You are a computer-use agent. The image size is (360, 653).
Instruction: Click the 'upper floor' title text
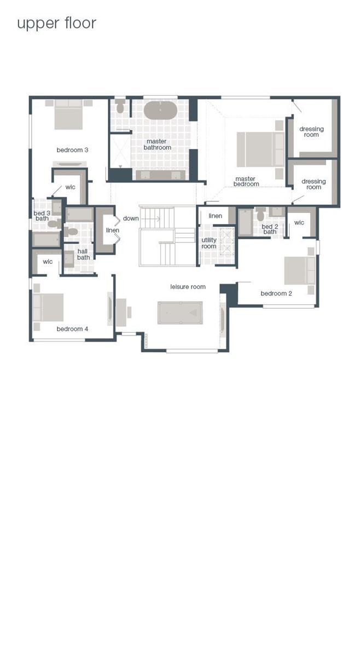click(x=56, y=24)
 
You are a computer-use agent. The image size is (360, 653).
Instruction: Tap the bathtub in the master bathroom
click(x=161, y=111)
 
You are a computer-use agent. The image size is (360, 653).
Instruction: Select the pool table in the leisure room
click(x=180, y=313)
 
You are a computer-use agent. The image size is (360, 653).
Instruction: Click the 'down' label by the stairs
click(x=131, y=218)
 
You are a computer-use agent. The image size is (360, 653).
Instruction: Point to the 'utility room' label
click(x=209, y=243)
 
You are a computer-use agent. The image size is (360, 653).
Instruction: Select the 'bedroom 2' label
click(x=276, y=293)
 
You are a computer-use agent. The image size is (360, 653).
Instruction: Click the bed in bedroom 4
click(x=48, y=308)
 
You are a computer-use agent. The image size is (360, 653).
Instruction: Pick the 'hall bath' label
click(x=83, y=255)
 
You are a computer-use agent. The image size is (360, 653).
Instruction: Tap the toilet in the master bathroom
click(x=120, y=107)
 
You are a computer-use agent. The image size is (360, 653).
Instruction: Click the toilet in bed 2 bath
click(x=261, y=215)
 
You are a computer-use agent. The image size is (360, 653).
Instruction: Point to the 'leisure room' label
click(x=188, y=286)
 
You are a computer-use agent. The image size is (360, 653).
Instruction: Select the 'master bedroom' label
click(x=246, y=181)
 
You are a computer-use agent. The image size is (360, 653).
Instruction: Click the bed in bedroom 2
click(x=300, y=271)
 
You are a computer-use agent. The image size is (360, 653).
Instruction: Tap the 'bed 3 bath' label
click(x=42, y=216)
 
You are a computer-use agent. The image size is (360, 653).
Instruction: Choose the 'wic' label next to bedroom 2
click(x=299, y=223)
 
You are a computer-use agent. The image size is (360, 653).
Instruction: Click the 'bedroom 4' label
click(x=72, y=329)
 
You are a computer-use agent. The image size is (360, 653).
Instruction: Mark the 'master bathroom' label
click(x=158, y=145)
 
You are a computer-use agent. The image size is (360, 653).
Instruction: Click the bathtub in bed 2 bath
click(x=245, y=222)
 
